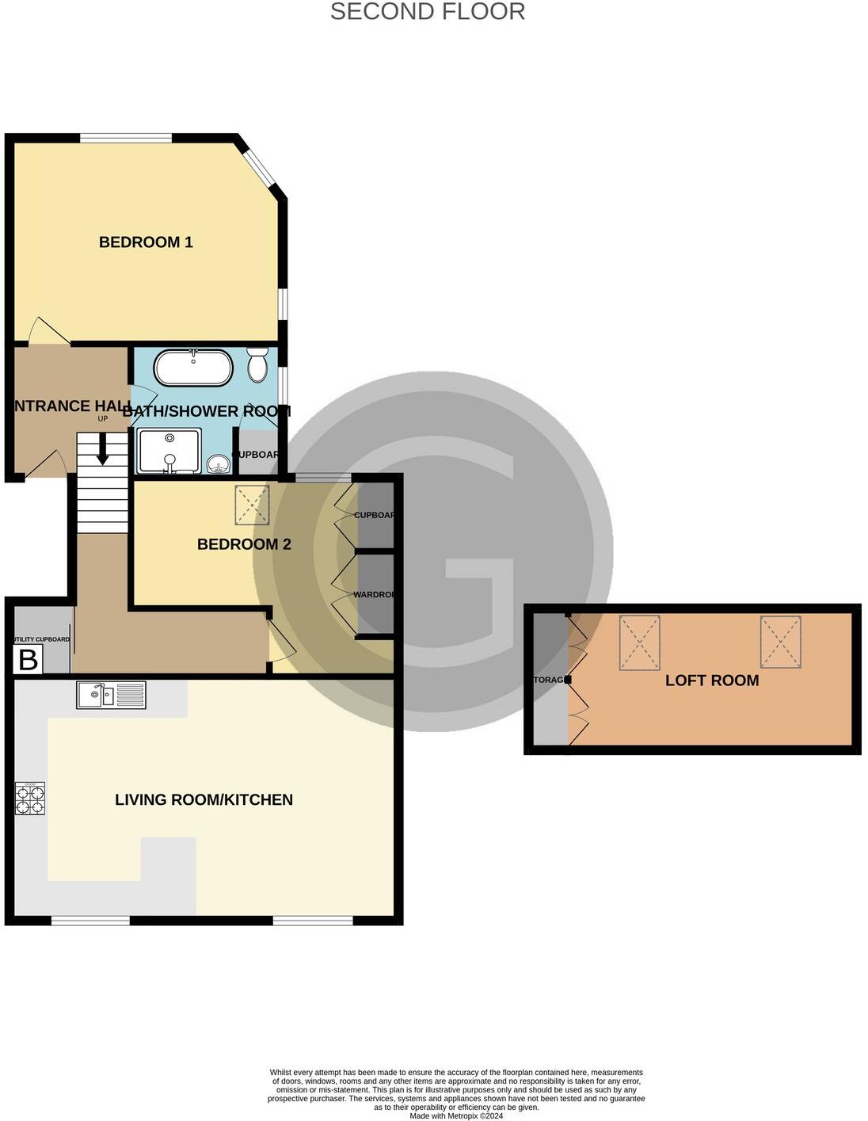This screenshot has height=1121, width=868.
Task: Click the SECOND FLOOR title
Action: coord(427,12)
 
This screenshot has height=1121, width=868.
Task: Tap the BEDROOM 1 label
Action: coord(146,242)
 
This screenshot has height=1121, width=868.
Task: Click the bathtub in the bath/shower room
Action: coord(193,368)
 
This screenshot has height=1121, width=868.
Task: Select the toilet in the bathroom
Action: coord(257,365)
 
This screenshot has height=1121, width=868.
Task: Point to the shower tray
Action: coord(169,451)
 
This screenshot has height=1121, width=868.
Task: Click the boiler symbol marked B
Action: coord(28,659)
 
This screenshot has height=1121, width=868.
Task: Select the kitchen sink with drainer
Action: coord(112,695)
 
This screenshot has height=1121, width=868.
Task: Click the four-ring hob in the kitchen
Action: coord(30,799)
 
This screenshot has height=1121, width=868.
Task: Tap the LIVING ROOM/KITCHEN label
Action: coord(204,800)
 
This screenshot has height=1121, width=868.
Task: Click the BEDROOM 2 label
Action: coord(244,544)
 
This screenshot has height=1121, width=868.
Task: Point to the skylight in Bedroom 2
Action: coord(252,505)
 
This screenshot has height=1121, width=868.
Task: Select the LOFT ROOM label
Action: coord(712,681)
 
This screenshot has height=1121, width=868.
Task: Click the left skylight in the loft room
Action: coord(639,642)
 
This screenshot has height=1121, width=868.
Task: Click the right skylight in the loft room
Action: coord(780,642)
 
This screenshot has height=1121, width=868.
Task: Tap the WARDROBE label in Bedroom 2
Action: coord(374,594)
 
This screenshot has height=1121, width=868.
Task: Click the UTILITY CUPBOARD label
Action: coord(41,639)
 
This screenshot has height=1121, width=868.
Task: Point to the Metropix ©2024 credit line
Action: coord(456,1115)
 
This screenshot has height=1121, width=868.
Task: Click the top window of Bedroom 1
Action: coord(126,139)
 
